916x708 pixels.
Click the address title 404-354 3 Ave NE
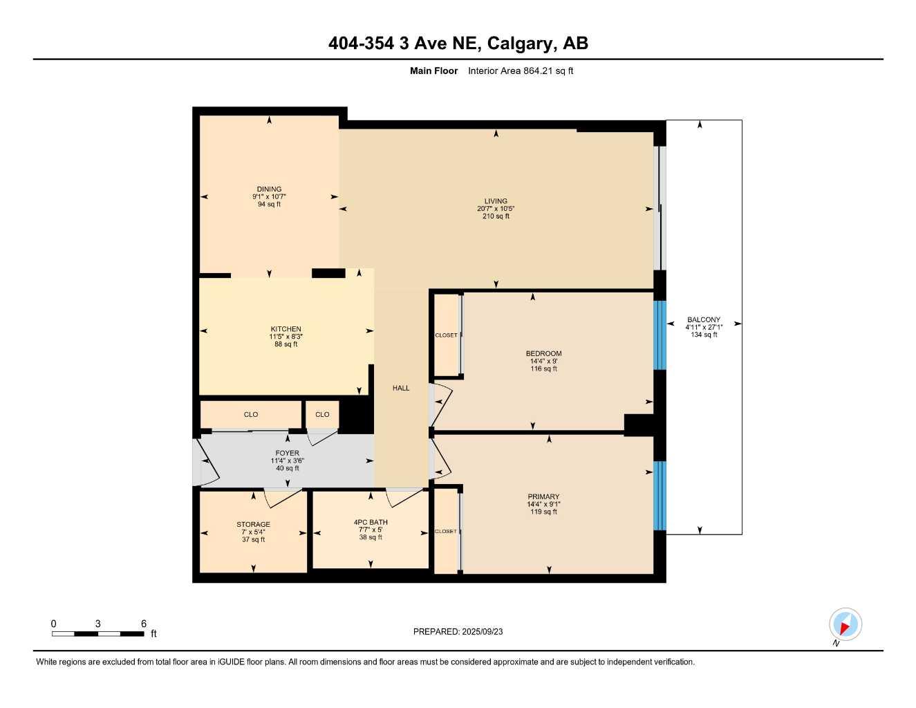458,44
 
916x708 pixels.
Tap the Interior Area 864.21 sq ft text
520,71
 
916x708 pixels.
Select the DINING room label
269,189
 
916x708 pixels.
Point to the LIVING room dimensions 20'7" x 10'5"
496,209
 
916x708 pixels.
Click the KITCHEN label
286,329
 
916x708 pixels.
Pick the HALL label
401,388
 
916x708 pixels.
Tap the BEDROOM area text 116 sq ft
543,369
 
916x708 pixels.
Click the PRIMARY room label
543,496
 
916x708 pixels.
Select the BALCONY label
704,319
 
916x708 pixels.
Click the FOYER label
288,454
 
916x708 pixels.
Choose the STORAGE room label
253,524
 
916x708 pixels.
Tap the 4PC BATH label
371,522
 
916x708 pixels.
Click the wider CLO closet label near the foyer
251,415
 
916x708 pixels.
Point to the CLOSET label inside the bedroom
446,335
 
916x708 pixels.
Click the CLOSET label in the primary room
446,531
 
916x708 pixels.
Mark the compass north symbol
845,625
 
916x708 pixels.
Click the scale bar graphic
97,633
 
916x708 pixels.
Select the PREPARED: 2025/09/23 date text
458,631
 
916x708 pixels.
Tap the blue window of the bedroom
660,335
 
